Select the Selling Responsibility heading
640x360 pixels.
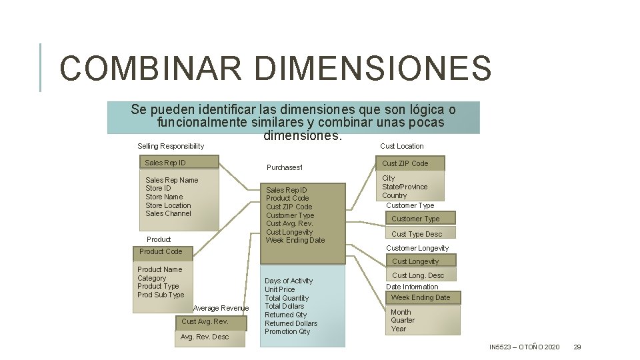click(x=171, y=146)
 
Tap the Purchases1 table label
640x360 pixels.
click(x=285, y=167)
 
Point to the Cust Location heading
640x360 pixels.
click(x=401, y=146)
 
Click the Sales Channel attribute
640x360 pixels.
click(x=168, y=213)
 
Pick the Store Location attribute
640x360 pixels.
click(x=168, y=205)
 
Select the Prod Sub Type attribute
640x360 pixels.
click(x=161, y=295)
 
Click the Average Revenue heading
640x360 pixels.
click(x=221, y=308)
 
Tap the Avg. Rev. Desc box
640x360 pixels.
click(x=205, y=337)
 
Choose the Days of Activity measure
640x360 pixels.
click(x=289, y=281)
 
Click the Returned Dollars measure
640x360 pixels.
click(x=291, y=323)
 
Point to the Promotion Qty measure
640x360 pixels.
click(x=287, y=331)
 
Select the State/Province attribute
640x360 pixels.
click(x=405, y=187)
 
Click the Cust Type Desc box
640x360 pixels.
click(x=417, y=234)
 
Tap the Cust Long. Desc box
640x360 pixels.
click(x=418, y=275)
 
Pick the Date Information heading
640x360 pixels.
click(x=412, y=287)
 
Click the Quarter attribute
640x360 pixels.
click(x=403, y=320)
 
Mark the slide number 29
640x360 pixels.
click(x=577, y=347)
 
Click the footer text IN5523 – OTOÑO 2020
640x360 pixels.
click(x=524, y=347)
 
